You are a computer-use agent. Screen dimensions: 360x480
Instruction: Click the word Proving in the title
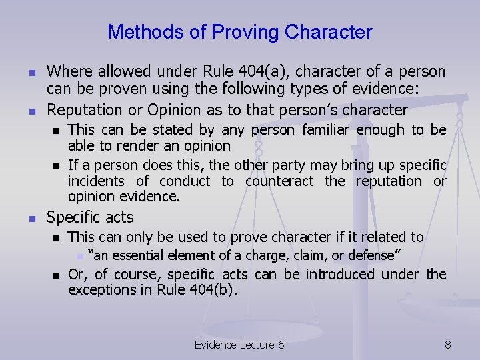(246, 31)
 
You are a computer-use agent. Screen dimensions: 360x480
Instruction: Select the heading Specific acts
(89, 217)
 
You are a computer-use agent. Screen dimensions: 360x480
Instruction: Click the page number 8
(447, 344)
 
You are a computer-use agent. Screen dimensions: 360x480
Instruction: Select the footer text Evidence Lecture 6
(239, 344)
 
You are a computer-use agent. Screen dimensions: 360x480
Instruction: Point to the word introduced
(337, 274)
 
